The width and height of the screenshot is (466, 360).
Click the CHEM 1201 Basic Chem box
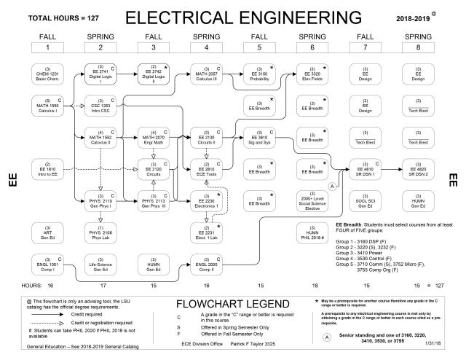pyautogui.click(x=47, y=74)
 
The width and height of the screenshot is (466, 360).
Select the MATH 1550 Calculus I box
pyautogui.click(x=47, y=104)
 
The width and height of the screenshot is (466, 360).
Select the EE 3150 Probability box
pyautogui.click(x=260, y=74)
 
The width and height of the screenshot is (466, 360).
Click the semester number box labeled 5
pyautogui.click(x=260, y=47)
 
